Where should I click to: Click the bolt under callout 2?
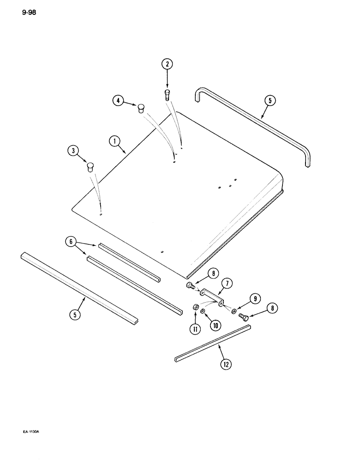(x=168, y=95)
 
